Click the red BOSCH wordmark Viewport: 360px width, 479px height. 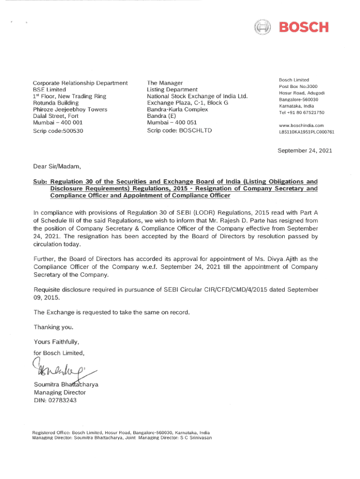tap(304, 28)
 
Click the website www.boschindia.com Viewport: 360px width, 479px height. tap(301, 125)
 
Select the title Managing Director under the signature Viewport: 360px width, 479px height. tap(59, 392)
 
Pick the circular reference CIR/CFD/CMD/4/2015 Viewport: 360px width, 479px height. tap(227, 290)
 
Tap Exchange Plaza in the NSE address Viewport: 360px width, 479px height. tap(167, 102)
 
